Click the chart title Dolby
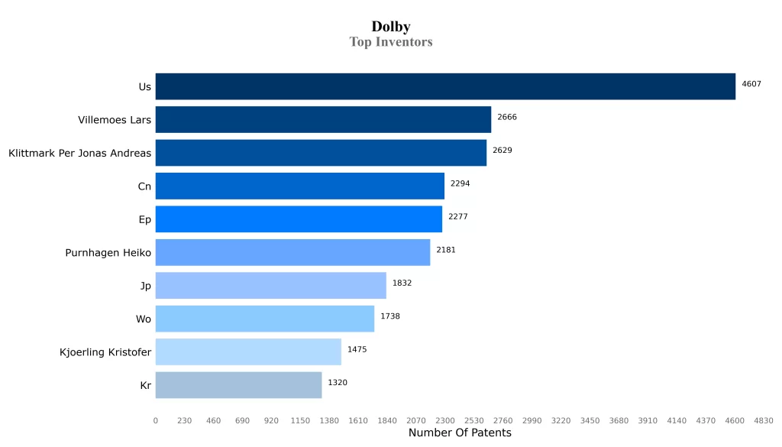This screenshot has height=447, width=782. (390, 27)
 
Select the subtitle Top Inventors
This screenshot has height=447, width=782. (390, 42)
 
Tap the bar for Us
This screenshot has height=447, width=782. (445, 86)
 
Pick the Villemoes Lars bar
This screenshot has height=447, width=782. (323, 120)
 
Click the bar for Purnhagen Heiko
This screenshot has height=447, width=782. (292, 252)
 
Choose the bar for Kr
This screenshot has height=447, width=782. (238, 385)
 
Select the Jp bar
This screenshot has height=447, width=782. (270, 286)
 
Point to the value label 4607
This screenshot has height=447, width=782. (751, 84)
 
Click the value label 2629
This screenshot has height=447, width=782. (502, 151)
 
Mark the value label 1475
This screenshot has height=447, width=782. (357, 349)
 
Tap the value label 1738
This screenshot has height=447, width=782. (389, 316)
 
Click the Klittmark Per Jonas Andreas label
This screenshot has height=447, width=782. (79, 153)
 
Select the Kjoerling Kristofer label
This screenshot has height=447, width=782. (105, 352)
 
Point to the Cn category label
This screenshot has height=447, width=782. (144, 186)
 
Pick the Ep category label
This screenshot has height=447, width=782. (144, 219)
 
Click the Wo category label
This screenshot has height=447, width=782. (144, 319)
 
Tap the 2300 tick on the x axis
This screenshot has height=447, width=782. (444, 420)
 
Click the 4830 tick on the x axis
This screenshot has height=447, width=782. (763, 420)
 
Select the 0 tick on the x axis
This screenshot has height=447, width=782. (156, 420)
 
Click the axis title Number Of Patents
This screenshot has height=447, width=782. (460, 433)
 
